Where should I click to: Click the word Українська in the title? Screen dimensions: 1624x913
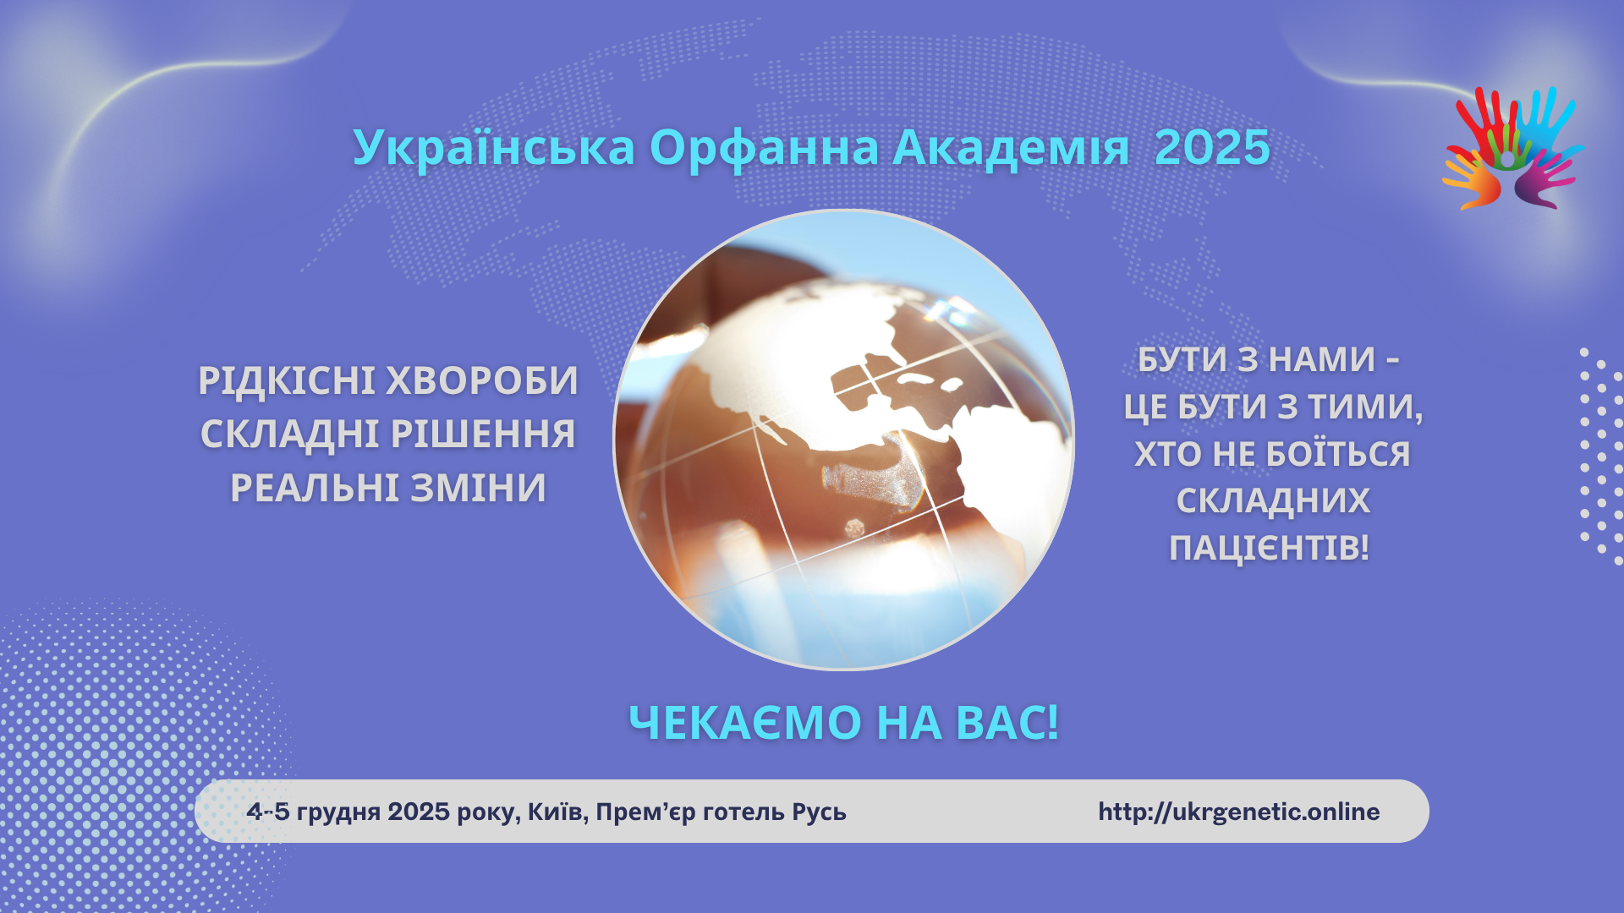point(494,149)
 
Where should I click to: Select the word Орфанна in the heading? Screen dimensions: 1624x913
point(764,149)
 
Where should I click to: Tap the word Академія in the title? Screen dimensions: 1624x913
point(1011,149)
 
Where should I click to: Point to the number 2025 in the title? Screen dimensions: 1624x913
point(1212,149)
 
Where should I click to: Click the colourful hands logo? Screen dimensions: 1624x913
point(1512,148)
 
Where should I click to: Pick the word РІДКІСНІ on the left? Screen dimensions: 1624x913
point(286,381)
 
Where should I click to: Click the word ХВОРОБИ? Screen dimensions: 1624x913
point(481,381)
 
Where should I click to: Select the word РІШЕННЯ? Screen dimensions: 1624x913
point(482,435)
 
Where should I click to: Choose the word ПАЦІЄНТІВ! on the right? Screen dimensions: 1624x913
point(1269,549)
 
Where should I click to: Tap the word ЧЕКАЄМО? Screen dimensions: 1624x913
point(745,724)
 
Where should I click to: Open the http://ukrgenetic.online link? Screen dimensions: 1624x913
point(1239,812)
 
